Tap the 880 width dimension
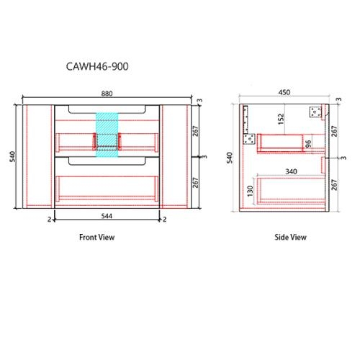coord(106,93)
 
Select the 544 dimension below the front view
coord(107,216)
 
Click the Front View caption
coord(96,237)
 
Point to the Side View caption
coord(291,237)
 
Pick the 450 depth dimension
coord(287,92)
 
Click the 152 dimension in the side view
coord(279,118)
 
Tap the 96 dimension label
coord(308,144)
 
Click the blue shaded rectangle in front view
coord(107,133)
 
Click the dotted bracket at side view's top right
coord(315,112)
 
